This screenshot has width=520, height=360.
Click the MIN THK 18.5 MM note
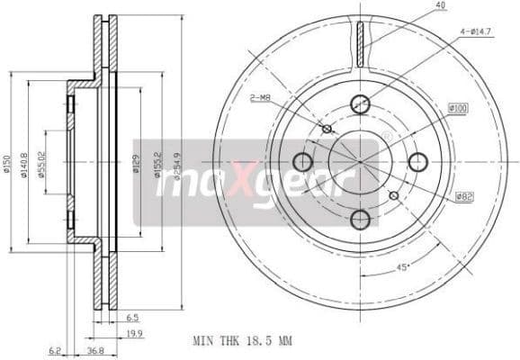[x=243, y=342]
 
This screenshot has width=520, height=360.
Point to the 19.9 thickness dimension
[x=132, y=333]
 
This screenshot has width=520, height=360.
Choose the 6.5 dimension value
[x=132, y=317]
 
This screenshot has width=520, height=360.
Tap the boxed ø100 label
[x=459, y=108]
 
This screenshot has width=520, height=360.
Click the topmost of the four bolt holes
[x=360, y=103]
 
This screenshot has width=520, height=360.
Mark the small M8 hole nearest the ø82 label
[x=393, y=195]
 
